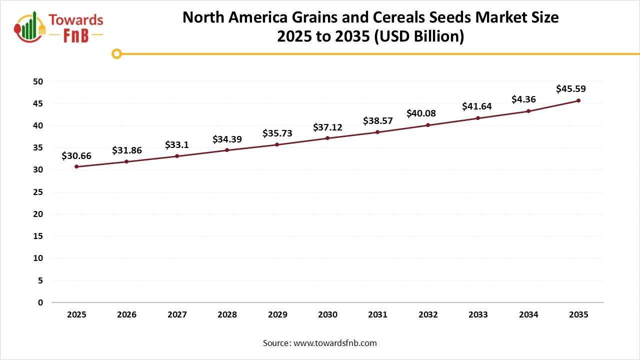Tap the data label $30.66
(76, 156)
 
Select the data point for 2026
(126, 161)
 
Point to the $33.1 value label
(176, 145)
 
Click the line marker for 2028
(227, 150)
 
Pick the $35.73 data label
(277, 133)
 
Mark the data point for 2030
(327, 138)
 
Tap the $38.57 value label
(377, 120)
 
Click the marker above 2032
(428, 125)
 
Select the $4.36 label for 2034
(523, 99)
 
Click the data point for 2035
(578, 100)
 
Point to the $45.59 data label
(570, 89)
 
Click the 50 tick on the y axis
(38, 81)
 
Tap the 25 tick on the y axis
(38, 192)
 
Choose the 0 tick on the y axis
(40, 302)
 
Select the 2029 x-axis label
(277, 315)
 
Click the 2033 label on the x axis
(478, 315)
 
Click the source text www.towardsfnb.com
(334, 343)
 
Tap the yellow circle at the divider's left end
(116, 53)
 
